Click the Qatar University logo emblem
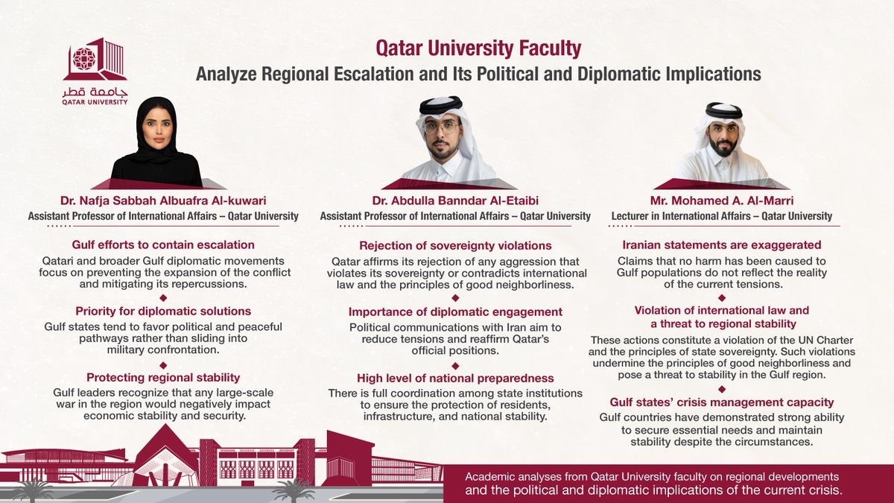[95, 60]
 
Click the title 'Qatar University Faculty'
[478, 49]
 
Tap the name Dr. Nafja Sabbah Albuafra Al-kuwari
[163, 200]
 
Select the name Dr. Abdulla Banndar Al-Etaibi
[455, 200]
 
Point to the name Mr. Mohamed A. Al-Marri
[722, 200]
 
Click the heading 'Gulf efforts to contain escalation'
[163, 244]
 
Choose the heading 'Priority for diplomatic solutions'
[163, 311]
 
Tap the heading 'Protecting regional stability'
[163, 377]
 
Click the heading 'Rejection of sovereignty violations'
[455, 245]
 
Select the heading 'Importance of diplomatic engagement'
[455, 311]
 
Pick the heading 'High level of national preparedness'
[455, 378]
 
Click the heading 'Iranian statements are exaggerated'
[722, 244]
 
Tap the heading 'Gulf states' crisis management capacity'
[722, 402]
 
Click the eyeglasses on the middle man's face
[441, 127]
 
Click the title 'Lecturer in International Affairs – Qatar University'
[722, 216]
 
